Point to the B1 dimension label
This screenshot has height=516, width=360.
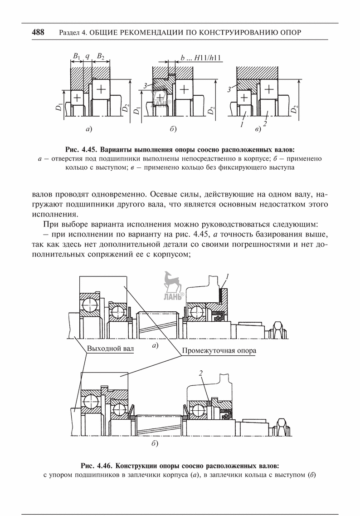(x=76, y=57)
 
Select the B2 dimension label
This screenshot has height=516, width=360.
(x=100, y=57)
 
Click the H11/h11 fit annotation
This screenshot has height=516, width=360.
(x=209, y=58)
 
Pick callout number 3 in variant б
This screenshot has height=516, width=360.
(x=145, y=86)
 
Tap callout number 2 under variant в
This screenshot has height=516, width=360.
(x=264, y=123)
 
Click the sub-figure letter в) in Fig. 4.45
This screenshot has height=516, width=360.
(x=258, y=131)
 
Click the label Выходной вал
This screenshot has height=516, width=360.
(x=110, y=350)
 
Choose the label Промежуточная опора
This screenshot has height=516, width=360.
(x=219, y=351)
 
